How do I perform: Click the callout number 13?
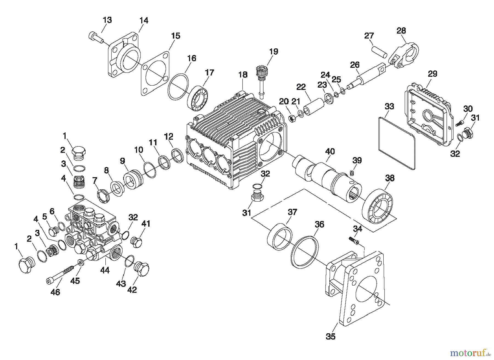[x=107, y=20]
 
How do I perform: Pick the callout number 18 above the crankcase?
[x=243, y=75]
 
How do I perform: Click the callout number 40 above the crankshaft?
[x=330, y=152]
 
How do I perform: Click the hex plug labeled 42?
[x=141, y=269]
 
